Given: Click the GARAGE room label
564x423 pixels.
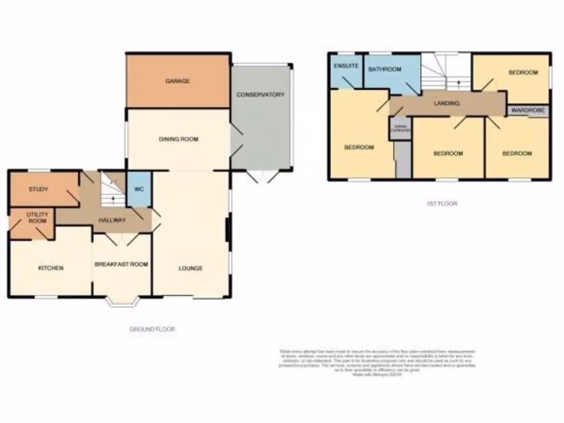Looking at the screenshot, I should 177,81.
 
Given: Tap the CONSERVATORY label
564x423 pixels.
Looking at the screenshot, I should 261,95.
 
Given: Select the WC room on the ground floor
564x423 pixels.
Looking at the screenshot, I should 139,189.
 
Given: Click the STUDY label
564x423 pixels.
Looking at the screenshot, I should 39,189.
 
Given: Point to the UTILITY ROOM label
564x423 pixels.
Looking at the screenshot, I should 38,218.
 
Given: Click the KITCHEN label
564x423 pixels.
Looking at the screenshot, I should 51,268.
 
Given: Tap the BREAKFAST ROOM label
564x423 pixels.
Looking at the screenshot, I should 121,264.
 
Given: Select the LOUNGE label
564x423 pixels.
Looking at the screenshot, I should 191,268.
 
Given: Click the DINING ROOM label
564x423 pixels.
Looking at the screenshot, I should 178,139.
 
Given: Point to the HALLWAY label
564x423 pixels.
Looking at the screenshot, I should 112,220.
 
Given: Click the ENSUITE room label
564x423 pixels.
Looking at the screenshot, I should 346,66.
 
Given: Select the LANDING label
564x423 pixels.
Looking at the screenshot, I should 446,103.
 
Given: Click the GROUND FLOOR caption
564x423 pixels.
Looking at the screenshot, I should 152,329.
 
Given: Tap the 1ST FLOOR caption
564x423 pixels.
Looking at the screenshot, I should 442,203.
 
